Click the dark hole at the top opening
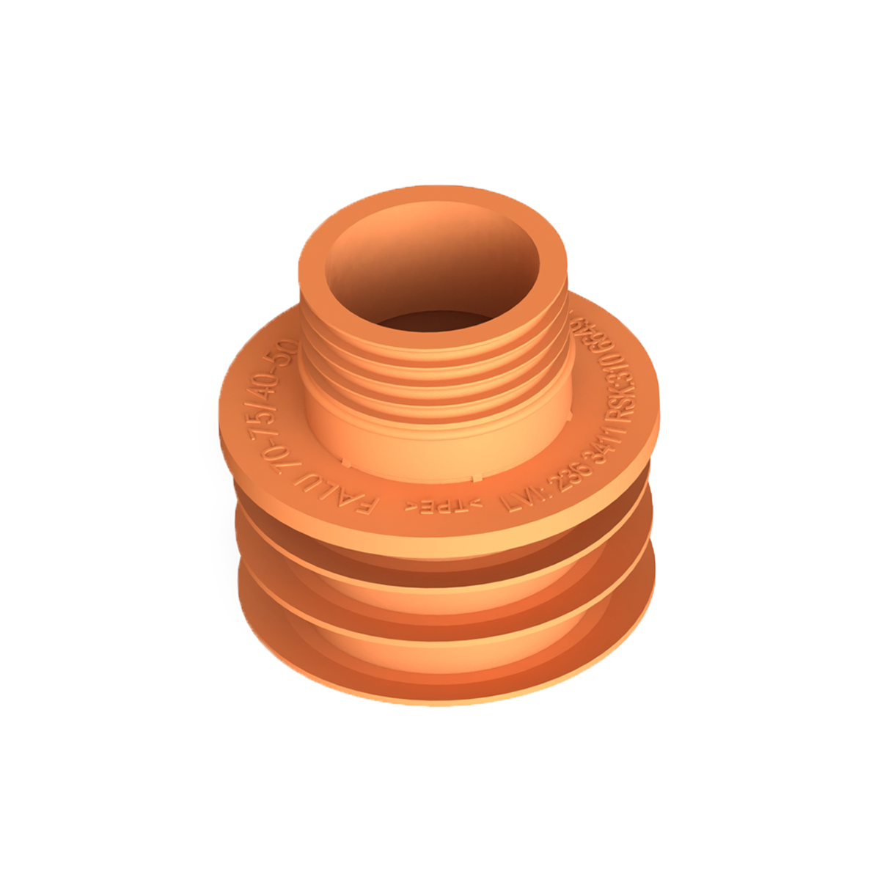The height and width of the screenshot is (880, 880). pos(433,323)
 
